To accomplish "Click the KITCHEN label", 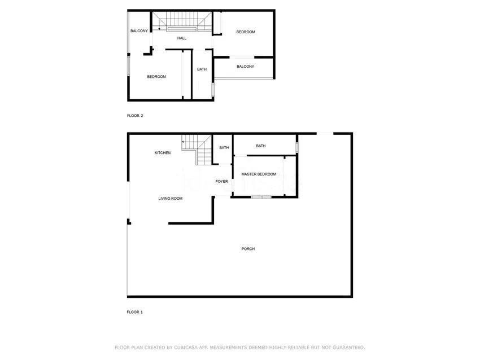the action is coord(163,152).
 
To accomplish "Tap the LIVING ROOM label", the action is coord(170,199).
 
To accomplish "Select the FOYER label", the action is coord(221,181).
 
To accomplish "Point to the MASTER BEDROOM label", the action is coord(259,174).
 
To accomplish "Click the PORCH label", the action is coord(248,249).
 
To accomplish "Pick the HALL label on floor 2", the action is coord(182,38).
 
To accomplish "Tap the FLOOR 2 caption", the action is coord(135,116).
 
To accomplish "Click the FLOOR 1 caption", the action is coord(135,312).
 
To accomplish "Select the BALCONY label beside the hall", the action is coord(139,31).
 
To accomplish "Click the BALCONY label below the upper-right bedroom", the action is coord(245,67).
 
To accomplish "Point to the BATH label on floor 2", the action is coord(202,69).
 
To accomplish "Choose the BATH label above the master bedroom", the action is coord(261,146).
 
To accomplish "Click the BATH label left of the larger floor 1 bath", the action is coord(224,147).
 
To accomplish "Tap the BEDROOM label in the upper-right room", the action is coord(246,32).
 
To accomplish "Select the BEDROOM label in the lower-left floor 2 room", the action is coord(156,77).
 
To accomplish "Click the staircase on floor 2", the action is coord(182,21).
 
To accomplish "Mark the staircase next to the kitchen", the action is coord(197,150).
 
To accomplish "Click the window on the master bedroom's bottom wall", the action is coord(261,197).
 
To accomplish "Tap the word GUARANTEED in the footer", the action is coord(348,348).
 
